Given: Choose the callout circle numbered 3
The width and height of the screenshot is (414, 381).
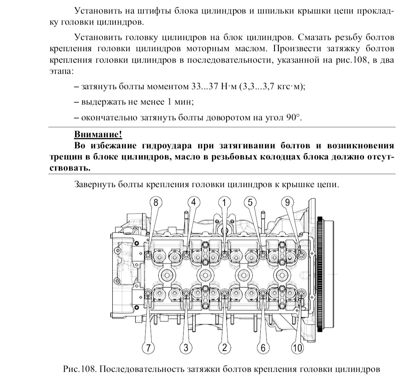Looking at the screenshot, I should [186, 348].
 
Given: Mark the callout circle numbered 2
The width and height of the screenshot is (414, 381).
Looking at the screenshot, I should [225, 348].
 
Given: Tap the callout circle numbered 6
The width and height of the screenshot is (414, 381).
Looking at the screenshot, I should [263, 348].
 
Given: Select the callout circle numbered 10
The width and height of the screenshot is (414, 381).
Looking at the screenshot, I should [297, 348].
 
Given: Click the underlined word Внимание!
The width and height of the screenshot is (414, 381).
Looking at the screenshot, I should [98, 135].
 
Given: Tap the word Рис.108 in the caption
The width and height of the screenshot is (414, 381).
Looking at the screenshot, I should [78, 369].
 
